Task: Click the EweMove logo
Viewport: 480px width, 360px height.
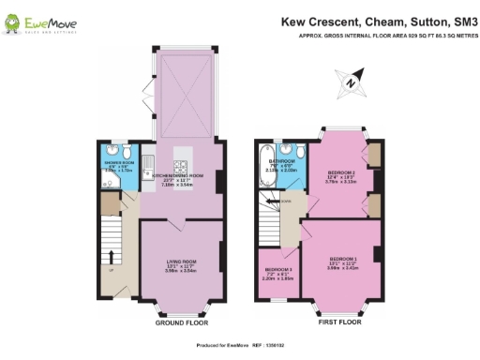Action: [x=44, y=22]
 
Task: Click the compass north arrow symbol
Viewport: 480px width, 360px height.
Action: [x=350, y=82]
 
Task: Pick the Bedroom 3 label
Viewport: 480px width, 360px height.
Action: [x=278, y=272]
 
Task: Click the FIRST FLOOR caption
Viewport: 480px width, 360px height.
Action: [x=340, y=321]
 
